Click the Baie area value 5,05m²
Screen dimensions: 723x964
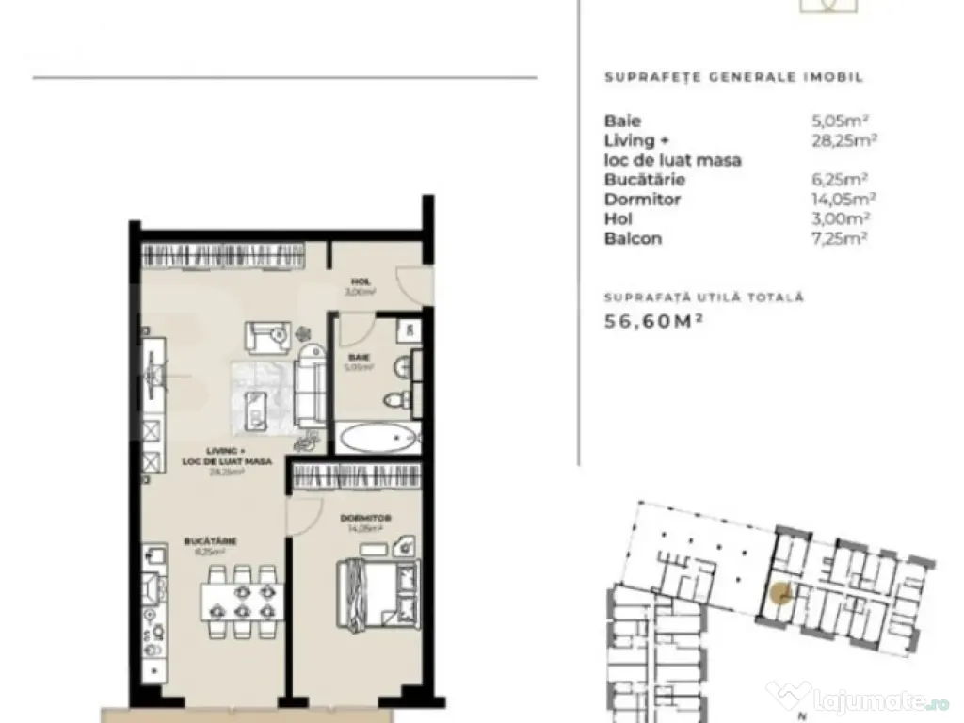(x=839, y=120)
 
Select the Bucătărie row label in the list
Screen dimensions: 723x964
(x=645, y=180)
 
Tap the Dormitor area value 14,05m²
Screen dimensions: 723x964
(x=843, y=199)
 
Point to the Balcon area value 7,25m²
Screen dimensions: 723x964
(x=839, y=238)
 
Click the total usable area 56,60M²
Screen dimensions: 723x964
(x=653, y=321)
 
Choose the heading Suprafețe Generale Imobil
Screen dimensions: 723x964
(x=733, y=78)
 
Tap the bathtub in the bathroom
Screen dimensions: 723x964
(x=378, y=439)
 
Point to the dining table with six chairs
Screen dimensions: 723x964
(x=242, y=601)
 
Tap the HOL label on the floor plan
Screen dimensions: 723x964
(x=360, y=281)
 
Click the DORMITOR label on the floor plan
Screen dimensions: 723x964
(x=365, y=519)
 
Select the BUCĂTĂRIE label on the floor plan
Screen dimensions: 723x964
(x=210, y=541)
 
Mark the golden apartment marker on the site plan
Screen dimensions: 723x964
(x=779, y=594)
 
